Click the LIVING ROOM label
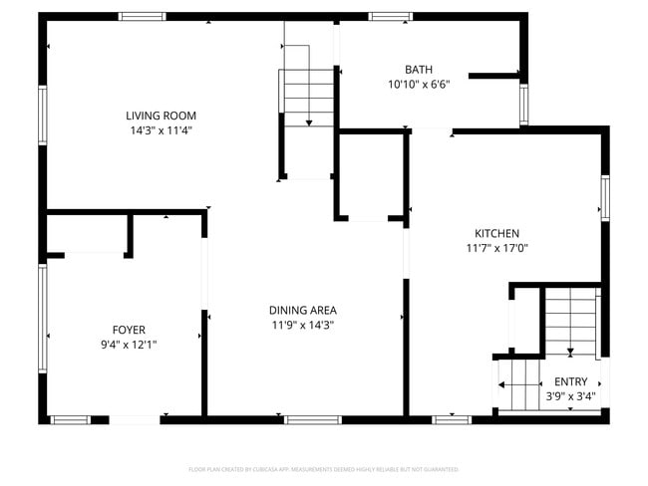160,115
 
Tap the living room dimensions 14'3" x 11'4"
160,129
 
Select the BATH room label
419,70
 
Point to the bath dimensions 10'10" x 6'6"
419,85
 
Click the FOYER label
129,329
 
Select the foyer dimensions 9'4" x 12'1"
129,344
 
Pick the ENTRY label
570,381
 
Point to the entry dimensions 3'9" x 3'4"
570,396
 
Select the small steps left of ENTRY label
516,385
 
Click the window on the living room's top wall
143,16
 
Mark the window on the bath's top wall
390,16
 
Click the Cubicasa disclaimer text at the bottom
323,469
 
